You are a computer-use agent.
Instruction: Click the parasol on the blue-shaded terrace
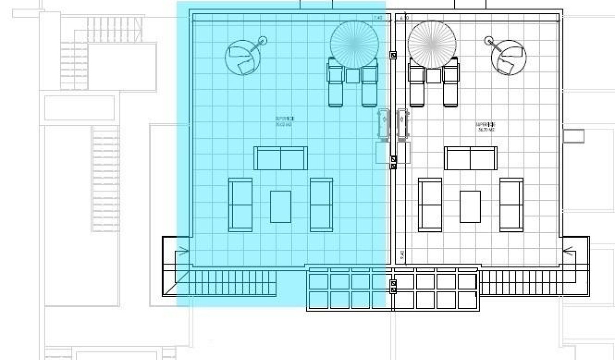[353, 43]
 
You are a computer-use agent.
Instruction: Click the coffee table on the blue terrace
[281, 206]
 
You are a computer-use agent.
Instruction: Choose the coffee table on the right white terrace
[470, 206]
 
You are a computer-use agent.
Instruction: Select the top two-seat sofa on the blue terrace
[281, 158]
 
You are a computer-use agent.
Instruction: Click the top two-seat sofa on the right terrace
[471, 158]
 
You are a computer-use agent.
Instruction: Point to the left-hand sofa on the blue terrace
[240, 205]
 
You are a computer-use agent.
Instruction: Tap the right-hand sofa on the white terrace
[511, 205]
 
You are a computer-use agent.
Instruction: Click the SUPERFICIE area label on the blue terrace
[285, 121]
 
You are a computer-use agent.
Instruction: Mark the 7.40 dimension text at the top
[378, 18]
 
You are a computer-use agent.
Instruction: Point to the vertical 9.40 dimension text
[402, 255]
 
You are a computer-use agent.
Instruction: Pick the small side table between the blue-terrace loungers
[352, 76]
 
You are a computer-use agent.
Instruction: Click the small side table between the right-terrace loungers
[433, 76]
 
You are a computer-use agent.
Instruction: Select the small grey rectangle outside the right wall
[573, 136]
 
